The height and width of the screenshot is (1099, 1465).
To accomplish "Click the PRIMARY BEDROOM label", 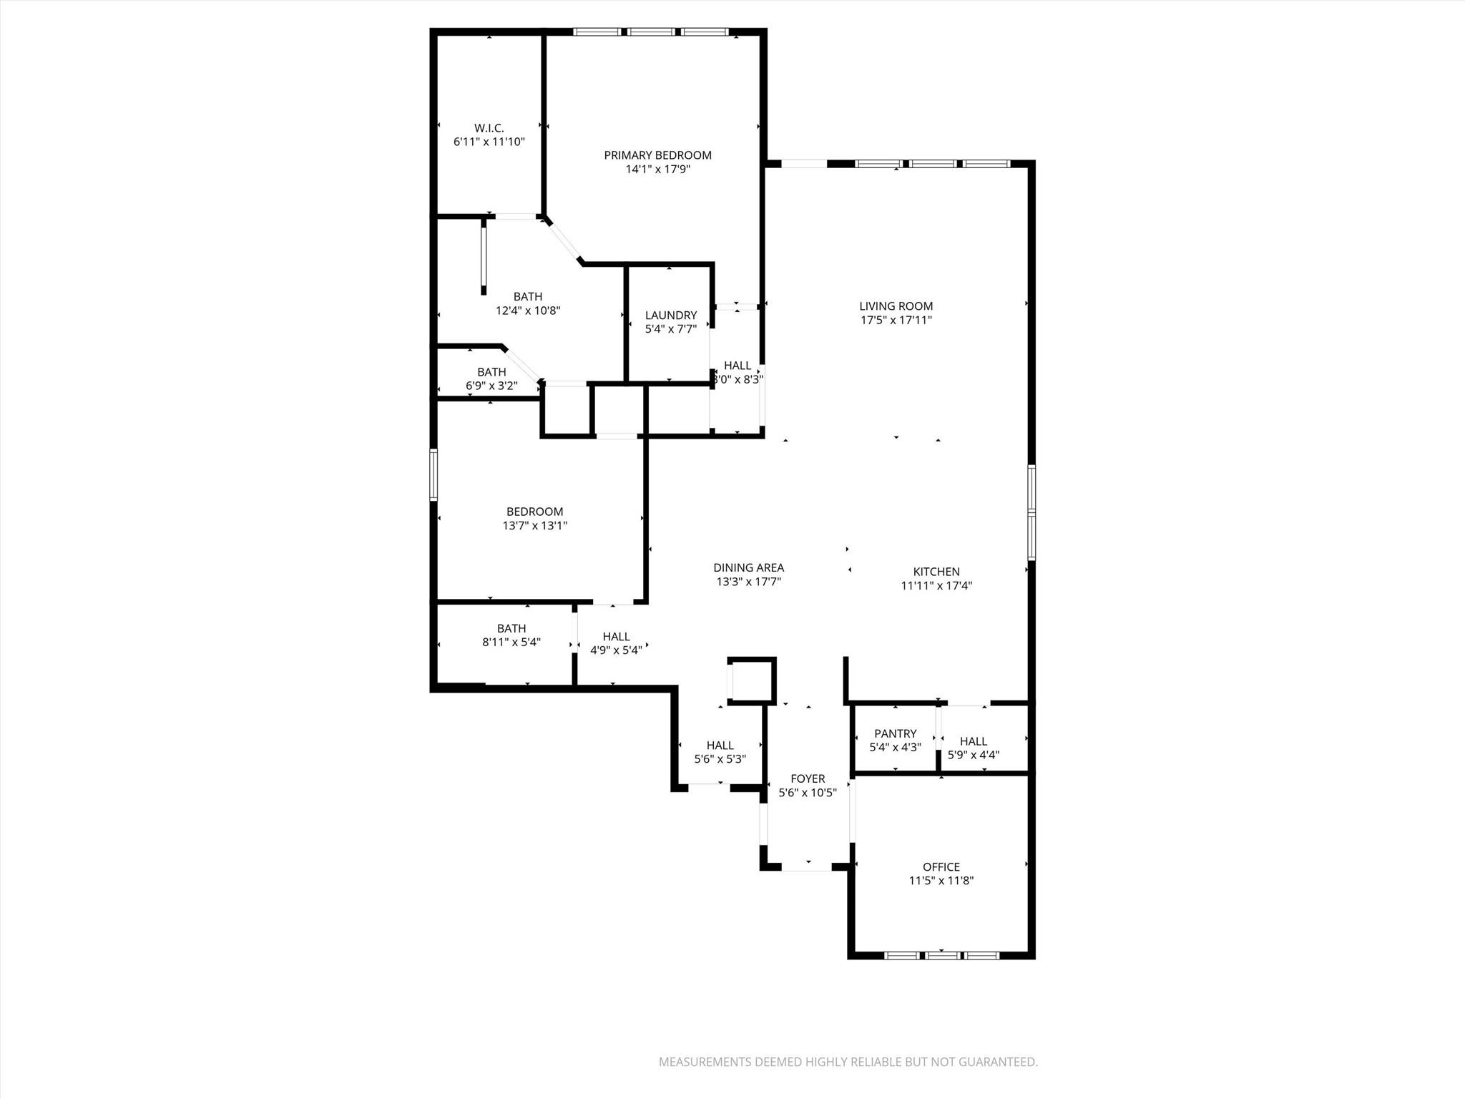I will coord(657,155).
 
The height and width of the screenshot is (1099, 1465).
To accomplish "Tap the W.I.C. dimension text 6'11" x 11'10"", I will coord(489,142).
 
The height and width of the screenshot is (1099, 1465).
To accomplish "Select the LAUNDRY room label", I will coord(670,316).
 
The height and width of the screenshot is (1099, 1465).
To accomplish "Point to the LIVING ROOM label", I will coord(896,306).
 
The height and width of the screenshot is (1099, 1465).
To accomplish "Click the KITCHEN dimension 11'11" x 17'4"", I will coord(936,586).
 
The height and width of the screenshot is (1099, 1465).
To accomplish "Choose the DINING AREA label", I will coord(748,568).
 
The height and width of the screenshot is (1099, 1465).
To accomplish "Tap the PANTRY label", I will coord(895,733).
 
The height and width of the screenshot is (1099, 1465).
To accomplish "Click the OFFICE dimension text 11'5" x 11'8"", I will coord(941,881).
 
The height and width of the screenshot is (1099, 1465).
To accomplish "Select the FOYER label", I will coord(808,778).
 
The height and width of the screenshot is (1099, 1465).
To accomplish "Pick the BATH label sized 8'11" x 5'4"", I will coord(511,628).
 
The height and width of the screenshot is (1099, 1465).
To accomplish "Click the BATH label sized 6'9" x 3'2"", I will coord(491,372).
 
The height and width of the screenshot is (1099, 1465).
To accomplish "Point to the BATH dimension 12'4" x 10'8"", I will coord(528,311).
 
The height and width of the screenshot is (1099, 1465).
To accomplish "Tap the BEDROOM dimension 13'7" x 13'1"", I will coord(534,526).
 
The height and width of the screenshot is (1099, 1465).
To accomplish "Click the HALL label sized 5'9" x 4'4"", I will coord(973,741).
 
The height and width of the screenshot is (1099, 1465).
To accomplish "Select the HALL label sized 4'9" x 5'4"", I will coord(616,636).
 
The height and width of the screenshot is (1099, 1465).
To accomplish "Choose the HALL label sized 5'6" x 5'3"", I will coord(720,746).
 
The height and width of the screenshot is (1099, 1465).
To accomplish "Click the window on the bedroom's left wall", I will coord(433,474).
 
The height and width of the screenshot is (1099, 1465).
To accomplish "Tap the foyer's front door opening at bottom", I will coord(806,867).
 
